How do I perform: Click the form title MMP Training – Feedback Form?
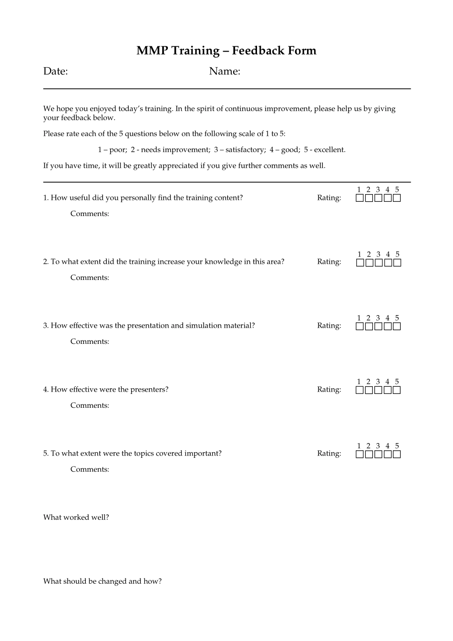(x=226, y=51)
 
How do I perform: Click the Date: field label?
(x=55, y=72)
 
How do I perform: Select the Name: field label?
(x=224, y=72)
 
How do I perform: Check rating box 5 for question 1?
(x=397, y=198)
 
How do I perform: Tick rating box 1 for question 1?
(x=360, y=198)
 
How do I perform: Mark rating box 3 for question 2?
(x=379, y=263)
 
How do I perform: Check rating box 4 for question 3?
(x=388, y=327)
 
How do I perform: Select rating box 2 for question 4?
(x=369, y=390)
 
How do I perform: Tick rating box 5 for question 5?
(x=397, y=455)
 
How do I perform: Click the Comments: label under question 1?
(x=90, y=214)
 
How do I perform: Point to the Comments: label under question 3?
(x=90, y=341)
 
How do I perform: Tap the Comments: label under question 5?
(x=90, y=469)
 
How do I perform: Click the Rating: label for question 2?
(x=329, y=262)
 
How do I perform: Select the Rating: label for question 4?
(x=329, y=390)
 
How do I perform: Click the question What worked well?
(x=76, y=517)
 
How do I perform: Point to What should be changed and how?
(x=103, y=581)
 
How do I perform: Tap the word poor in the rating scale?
(x=117, y=150)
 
